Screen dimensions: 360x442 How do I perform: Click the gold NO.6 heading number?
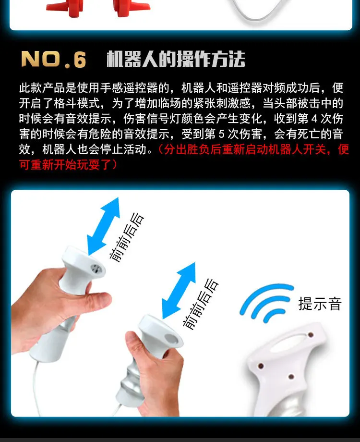[x=54, y=59]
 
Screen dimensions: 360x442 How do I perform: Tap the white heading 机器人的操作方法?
[x=176, y=59]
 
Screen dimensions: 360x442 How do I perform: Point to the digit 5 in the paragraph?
[x=222, y=134]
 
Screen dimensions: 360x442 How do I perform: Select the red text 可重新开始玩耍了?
[x=66, y=165]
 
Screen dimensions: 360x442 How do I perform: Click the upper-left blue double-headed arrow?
[x=103, y=226]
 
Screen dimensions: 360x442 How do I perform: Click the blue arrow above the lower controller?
[x=179, y=291]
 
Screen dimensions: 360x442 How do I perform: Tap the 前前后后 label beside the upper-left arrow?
[x=127, y=237]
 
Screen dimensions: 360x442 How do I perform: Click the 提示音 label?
[x=320, y=304]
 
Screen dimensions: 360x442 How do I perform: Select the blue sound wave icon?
[x=266, y=303]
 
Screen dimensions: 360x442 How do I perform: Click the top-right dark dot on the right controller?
[x=311, y=335]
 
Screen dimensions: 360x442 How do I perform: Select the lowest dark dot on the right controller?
[x=291, y=377]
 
